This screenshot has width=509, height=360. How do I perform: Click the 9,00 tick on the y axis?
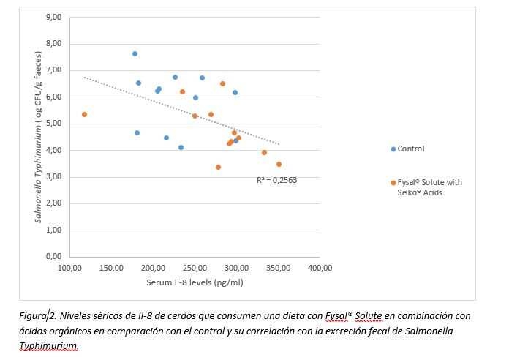pyautogui.click(x=53, y=17)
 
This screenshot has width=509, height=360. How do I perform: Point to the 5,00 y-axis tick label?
pyautogui.click(x=53, y=124)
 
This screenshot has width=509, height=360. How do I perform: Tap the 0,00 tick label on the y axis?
pyautogui.click(x=53, y=257)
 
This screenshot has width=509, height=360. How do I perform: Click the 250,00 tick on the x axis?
pyautogui.click(x=195, y=268)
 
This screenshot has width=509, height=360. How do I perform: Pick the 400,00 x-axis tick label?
pyautogui.click(x=320, y=268)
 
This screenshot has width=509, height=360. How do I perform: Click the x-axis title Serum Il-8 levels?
pyautogui.click(x=194, y=282)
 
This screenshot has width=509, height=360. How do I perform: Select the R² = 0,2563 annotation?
pyautogui.click(x=276, y=179)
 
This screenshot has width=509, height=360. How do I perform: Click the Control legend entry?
pyautogui.click(x=410, y=149)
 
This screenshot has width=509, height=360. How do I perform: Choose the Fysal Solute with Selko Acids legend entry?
pyautogui.click(x=430, y=187)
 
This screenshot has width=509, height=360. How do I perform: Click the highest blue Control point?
pyautogui.click(x=135, y=53)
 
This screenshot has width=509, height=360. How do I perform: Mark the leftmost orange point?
pyautogui.click(x=84, y=114)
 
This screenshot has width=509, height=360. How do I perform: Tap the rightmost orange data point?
pyautogui.click(x=279, y=164)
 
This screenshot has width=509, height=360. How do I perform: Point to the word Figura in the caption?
pyautogui.click(x=33, y=317)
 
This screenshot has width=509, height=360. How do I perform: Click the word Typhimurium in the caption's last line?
pyautogui.click(x=48, y=345)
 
